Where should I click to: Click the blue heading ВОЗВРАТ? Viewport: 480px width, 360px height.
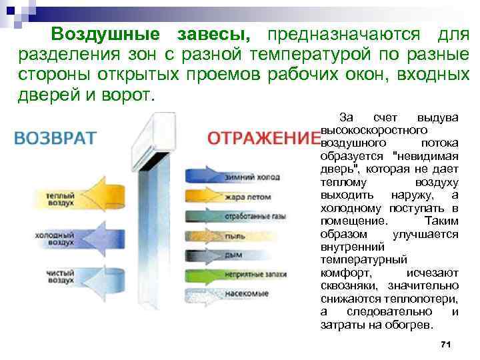tap(56, 139)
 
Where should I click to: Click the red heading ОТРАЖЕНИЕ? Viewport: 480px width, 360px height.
tap(260, 139)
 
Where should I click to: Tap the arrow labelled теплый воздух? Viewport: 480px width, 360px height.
tap(67, 198)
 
